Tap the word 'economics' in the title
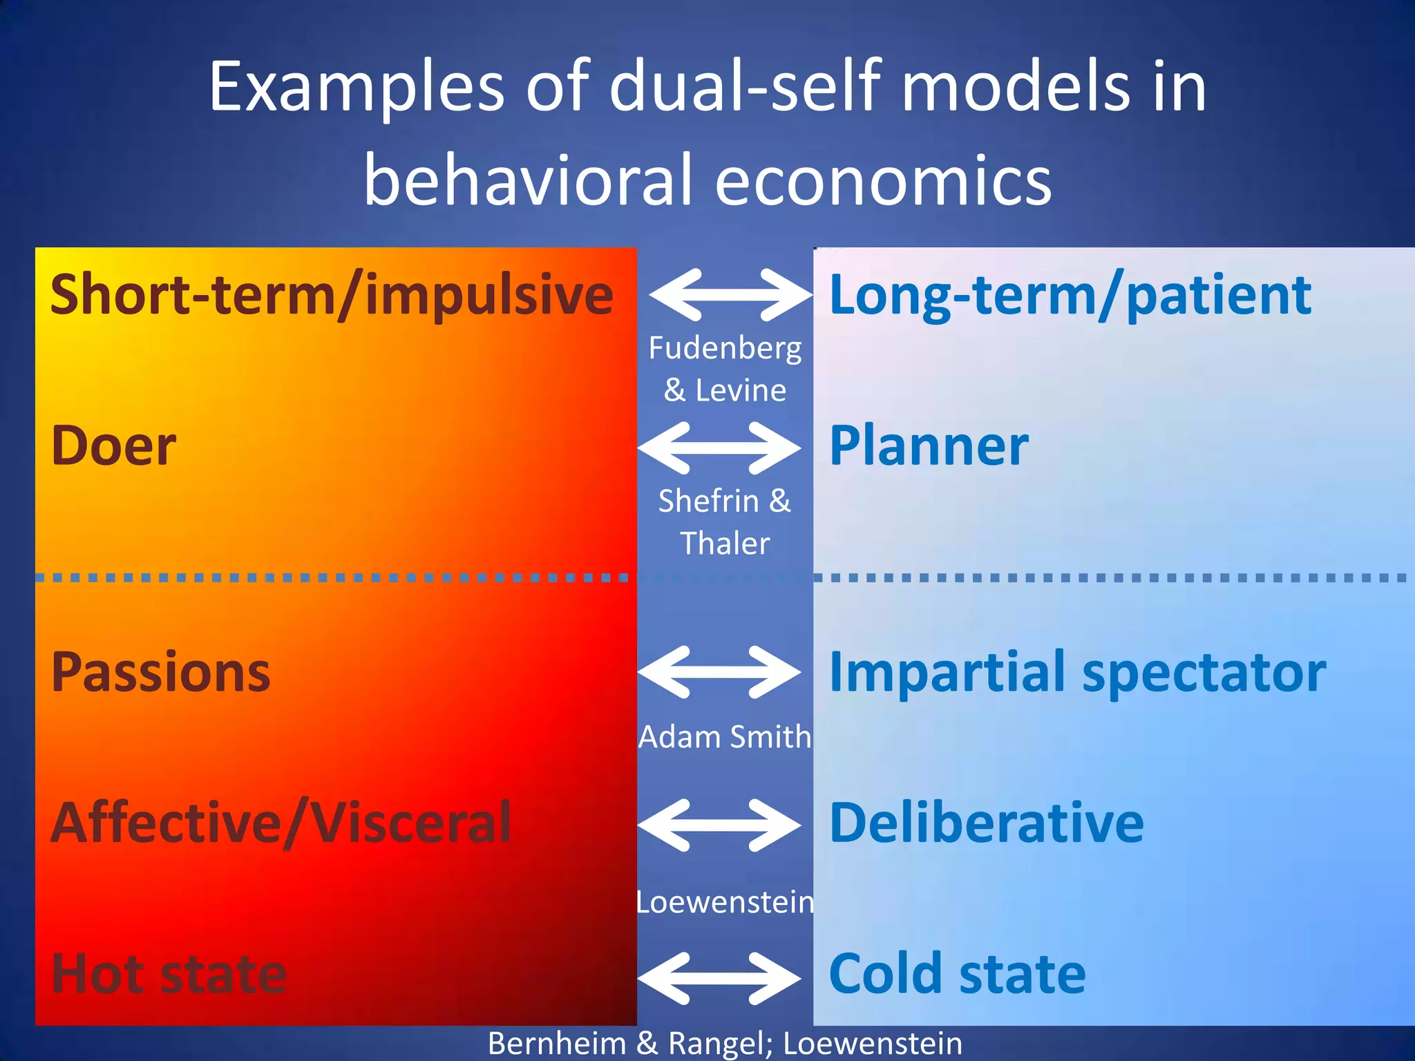883,180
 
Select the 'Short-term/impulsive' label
332,296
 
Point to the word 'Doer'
114,446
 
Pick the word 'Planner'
929,446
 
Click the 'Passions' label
161,672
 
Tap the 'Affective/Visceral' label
281,823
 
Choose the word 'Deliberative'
986,823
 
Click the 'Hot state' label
169,974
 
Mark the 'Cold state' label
957,974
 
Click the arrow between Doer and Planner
719,448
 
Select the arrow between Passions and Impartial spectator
719,671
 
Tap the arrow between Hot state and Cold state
719,978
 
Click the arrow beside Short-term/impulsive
730,295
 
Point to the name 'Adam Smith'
724,737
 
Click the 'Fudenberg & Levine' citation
725,369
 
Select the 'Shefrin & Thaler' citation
724,522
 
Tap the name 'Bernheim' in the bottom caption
557,1043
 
